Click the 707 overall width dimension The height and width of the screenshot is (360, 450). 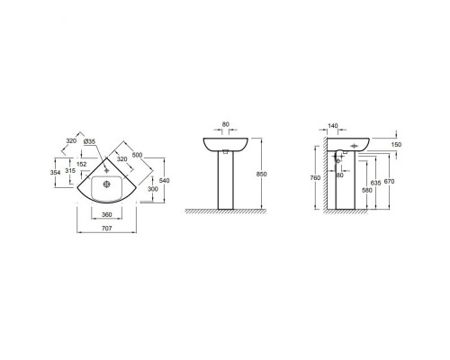[107, 229]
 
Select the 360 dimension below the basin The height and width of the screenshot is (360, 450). [107, 215]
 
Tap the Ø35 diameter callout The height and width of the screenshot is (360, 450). [89, 141]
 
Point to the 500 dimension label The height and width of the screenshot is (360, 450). [137, 155]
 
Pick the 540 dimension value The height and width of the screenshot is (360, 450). [165, 181]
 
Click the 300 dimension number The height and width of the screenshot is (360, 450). [153, 189]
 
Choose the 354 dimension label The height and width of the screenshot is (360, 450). [55, 172]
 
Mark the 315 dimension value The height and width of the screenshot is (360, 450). [70, 170]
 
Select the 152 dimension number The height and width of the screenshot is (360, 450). [81, 164]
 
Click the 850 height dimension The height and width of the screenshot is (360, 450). [262, 175]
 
